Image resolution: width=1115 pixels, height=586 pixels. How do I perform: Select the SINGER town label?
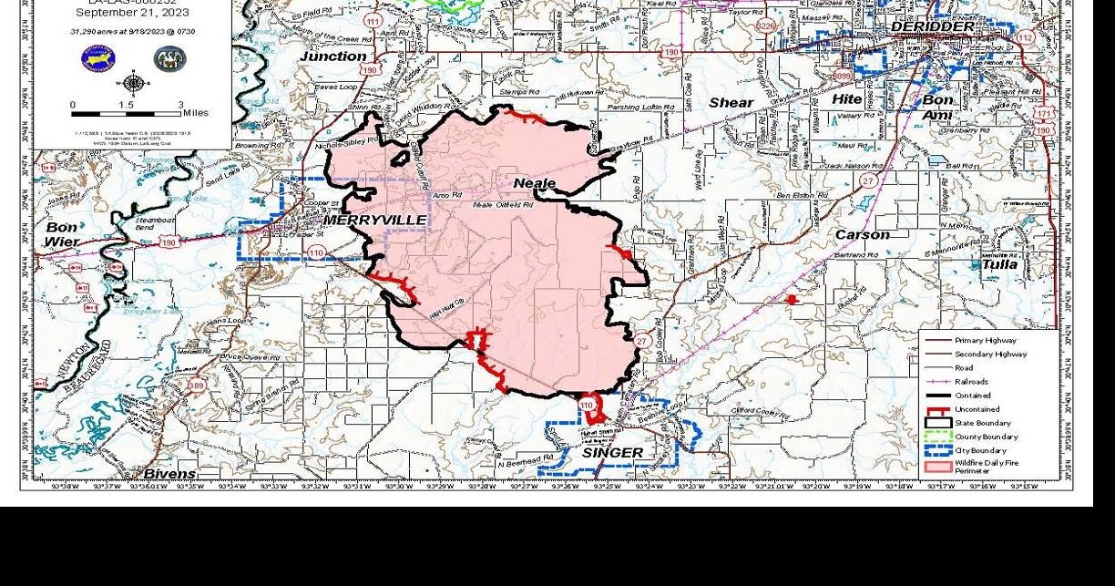coord(612,453)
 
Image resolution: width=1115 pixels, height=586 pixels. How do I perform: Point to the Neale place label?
coord(534,183)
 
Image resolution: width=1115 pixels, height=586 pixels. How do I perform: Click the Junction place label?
coord(332,56)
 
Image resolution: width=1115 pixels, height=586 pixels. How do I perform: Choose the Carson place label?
coord(862,235)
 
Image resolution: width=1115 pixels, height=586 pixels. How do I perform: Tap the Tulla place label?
coord(1000,264)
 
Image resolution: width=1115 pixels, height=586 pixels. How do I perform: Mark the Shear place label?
coord(731,102)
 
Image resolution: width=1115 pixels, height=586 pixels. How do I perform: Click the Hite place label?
coord(846,98)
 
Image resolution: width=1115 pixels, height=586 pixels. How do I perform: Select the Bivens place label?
coord(169,474)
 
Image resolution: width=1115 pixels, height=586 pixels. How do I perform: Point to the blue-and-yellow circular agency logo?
coord(98,59)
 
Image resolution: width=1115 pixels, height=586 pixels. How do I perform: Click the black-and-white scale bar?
coord(127,114)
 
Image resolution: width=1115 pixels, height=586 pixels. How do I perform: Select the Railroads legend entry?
coord(971,382)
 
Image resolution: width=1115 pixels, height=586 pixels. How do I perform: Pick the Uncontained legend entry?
coord(977,409)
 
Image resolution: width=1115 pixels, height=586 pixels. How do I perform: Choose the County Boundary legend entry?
coord(986,437)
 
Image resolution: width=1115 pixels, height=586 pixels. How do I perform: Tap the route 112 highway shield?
coord(1026,37)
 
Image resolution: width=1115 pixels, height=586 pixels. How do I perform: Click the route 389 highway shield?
coord(196,386)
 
